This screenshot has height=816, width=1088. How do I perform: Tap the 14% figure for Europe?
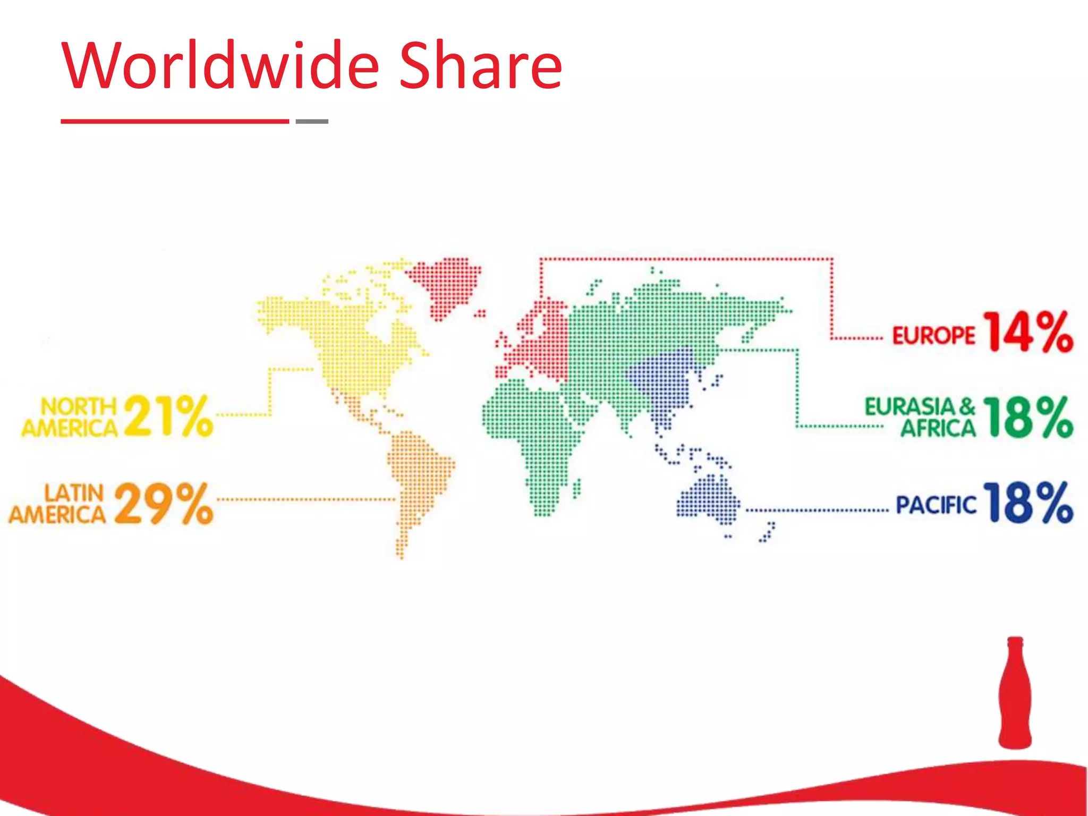coord(1028,332)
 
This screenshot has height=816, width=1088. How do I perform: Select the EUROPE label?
coord(933,336)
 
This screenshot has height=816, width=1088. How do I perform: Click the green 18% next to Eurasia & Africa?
coord(1028,418)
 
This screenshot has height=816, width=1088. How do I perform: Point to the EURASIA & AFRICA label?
coord(921,418)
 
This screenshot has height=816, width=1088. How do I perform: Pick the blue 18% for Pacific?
coord(1028,503)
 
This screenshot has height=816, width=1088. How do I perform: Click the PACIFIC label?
coord(936,505)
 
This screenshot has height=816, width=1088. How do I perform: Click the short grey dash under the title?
coord(312,122)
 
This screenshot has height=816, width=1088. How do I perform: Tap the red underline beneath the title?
coord(175,122)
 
